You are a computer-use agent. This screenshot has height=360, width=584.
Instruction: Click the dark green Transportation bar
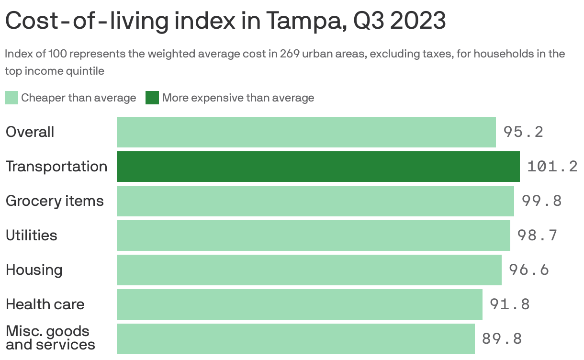pos(318,167)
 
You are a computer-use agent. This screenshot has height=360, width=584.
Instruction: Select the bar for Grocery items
pos(315,201)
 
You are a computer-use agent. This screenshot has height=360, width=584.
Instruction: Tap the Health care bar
pos(299,304)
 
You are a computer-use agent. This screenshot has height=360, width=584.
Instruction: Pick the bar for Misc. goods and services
pos(295,339)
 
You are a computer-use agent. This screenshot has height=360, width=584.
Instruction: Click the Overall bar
pos(306,132)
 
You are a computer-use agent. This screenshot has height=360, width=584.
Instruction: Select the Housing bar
pos(309,270)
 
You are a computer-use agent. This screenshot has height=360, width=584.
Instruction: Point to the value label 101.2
pos(552,167)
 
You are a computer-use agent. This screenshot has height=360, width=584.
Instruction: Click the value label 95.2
pos(523,132)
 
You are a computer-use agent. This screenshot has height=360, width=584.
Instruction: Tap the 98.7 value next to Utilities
pos(537,236)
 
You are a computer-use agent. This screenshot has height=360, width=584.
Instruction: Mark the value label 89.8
pos(502,339)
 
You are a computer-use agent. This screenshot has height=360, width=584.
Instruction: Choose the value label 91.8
pos(510,304)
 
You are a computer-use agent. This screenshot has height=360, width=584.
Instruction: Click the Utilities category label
pos(31,236)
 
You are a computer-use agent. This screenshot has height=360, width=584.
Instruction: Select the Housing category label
pos(34,270)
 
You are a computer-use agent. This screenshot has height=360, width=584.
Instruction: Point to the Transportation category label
pos(56,167)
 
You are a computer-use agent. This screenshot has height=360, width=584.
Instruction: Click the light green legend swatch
pos(11,98)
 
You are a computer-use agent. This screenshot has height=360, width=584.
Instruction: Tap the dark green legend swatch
pos(152,98)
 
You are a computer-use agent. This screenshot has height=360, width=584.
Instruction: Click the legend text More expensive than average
pos(238,98)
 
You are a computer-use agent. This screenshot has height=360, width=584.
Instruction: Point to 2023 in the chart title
pos(418,21)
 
